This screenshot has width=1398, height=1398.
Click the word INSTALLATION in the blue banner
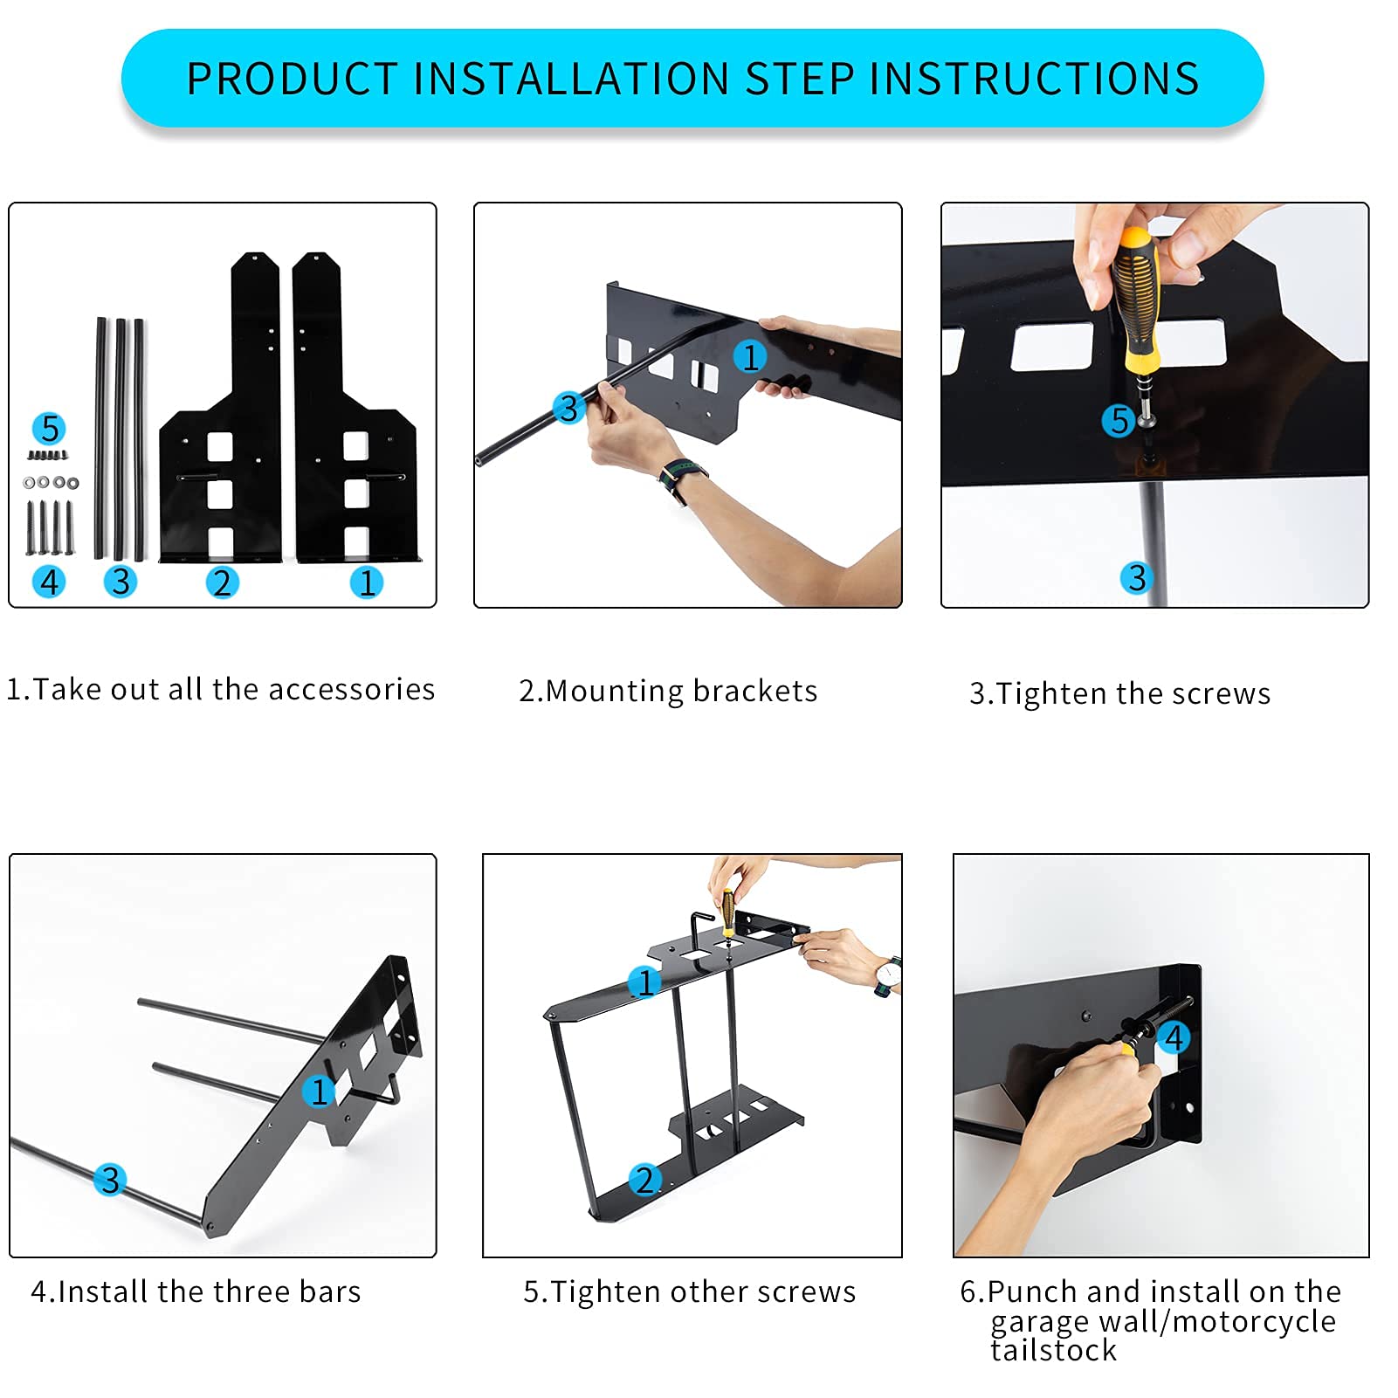coord(571,79)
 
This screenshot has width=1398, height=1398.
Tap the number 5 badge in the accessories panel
coord(50,429)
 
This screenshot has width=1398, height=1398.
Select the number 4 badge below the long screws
coord(50,582)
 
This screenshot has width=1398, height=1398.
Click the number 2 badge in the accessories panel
coord(222,582)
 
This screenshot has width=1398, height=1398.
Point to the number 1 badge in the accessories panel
coord(367,582)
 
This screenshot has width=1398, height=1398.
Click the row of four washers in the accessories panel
coord(51,482)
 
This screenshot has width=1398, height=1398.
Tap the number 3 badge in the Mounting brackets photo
coord(568,408)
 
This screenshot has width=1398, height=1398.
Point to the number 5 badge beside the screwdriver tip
coord(1119,421)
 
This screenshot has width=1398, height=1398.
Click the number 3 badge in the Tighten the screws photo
coord(1137,577)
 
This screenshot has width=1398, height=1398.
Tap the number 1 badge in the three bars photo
coord(319,1092)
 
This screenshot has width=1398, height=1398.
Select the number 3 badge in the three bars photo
coord(110,1180)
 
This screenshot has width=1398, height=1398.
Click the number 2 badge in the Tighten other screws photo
coord(644,1180)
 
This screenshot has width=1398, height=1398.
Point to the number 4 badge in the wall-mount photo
coord(1174,1038)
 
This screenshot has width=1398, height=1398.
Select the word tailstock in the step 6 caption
coord(1054,1350)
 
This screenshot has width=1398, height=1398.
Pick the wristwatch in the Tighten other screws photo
coord(886,976)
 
